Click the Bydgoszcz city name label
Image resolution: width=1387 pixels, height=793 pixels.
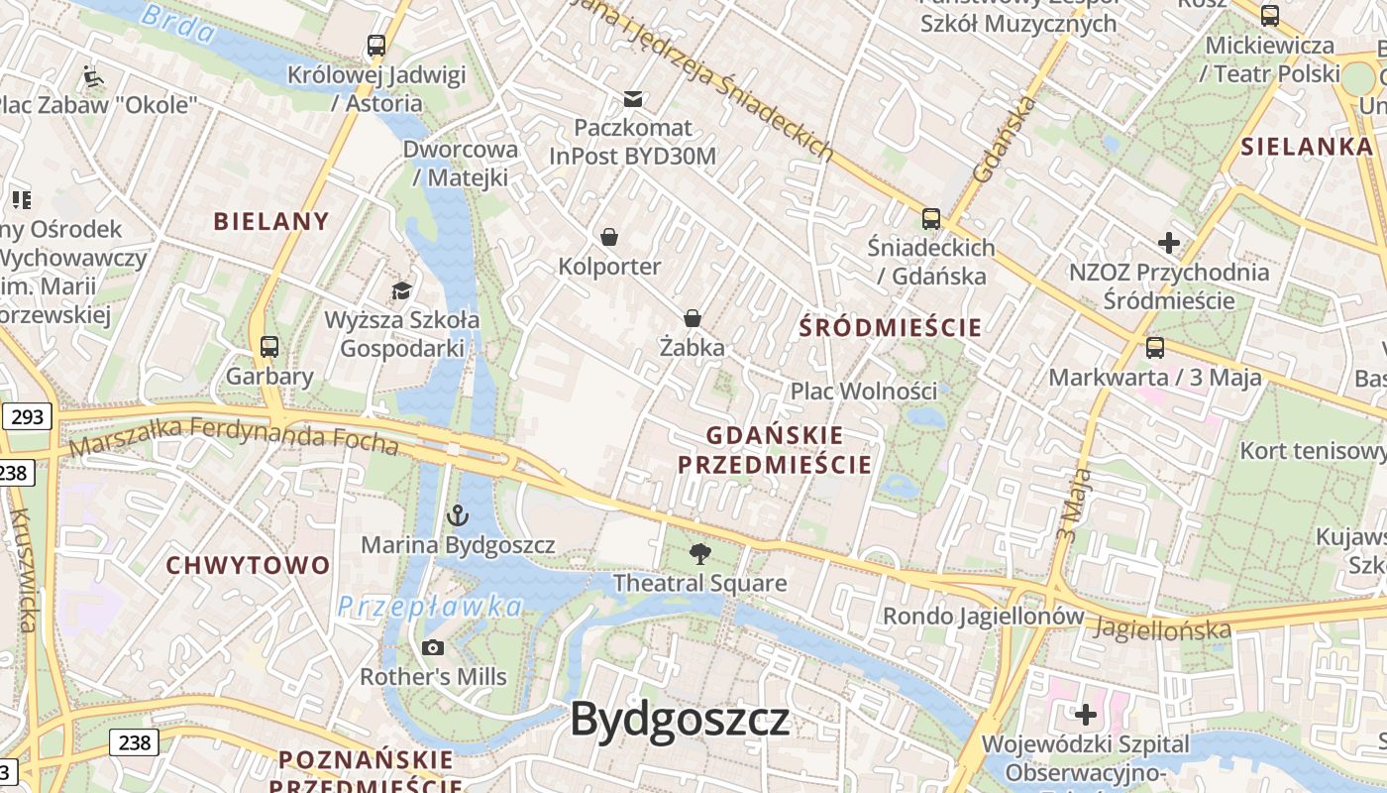tap(680, 719)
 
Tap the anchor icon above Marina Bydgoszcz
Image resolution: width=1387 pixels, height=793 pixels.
tap(457, 515)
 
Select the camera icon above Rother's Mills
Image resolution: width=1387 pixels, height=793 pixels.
tap(432, 647)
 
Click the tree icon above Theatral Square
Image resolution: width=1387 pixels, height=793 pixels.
tap(699, 554)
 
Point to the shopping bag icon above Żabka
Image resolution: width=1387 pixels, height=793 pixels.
tap(693, 318)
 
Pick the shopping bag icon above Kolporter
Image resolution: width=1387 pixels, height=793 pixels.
tap(608, 237)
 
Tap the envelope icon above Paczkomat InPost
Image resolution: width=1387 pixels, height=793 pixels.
tap(632, 98)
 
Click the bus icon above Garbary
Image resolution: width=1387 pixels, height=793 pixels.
tap(268, 347)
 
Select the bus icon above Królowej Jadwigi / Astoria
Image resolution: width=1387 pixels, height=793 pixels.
tap(375, 45)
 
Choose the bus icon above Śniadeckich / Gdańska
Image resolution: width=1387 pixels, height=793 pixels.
tap(930, 218)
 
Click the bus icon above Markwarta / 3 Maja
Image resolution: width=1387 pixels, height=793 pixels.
tap(1154, 348)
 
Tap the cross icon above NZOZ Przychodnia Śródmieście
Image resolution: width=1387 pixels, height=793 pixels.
tap(1169, 242)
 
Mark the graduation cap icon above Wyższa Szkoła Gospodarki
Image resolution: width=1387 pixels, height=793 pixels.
tap(401, 290)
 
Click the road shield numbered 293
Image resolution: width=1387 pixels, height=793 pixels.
tap(27, 416)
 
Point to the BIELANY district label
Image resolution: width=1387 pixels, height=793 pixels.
tap(271, 221)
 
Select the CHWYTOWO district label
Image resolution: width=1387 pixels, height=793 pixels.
tap(248, 565)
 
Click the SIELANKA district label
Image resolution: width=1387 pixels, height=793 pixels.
tap(1307, 147)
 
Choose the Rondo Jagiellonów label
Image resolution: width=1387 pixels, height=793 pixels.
tap(983, 616)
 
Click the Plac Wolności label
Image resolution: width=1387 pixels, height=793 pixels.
tap(863, 391)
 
